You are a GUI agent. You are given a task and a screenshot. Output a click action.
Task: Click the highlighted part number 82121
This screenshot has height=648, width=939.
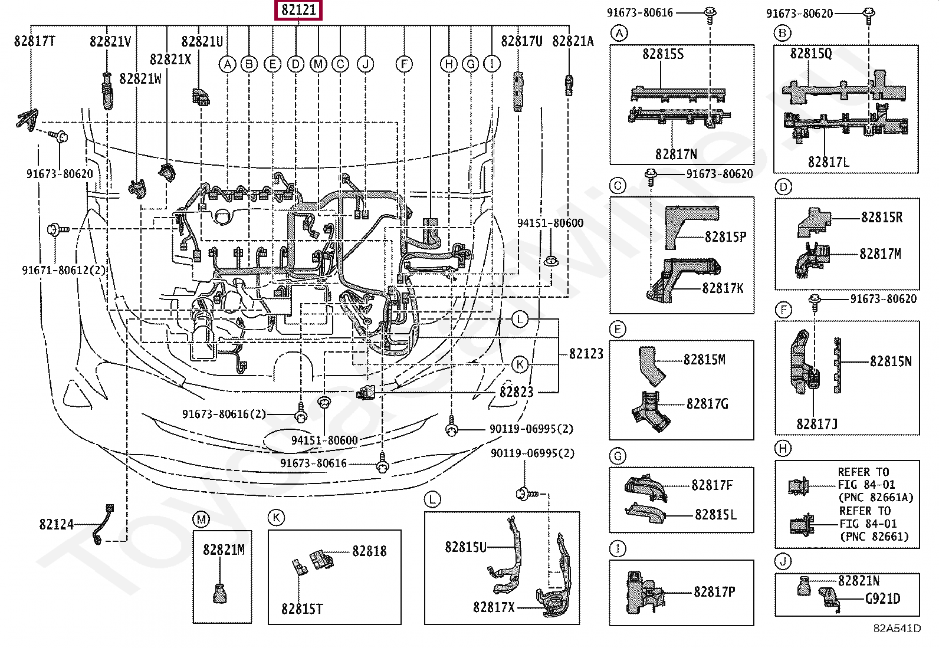click(298, 10)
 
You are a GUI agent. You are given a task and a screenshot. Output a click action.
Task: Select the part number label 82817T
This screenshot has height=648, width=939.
click(35, 41)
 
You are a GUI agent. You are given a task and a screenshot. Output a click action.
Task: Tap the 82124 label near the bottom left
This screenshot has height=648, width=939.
click(57, 524)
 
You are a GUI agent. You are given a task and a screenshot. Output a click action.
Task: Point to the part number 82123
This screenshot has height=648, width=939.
click(586, 354)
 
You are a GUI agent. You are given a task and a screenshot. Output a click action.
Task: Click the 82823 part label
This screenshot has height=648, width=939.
click(516, 392)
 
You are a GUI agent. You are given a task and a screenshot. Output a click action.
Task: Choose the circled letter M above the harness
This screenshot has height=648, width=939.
click(319, 64)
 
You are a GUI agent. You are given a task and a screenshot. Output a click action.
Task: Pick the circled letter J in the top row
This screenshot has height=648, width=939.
click(366, 64)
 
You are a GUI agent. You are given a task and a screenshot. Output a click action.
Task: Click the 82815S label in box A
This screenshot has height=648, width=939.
click(663, 54)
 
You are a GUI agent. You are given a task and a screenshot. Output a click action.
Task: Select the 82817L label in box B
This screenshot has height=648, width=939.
click(828, 162)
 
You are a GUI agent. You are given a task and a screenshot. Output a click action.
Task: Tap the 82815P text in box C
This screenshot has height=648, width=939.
click(725, 237)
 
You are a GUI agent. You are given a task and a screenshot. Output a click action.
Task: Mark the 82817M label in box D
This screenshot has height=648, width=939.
click(880, 254)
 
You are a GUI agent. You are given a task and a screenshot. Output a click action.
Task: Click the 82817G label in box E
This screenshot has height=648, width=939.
click(707, 404)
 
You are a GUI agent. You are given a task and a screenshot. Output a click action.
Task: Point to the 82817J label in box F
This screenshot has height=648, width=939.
click(816, 424)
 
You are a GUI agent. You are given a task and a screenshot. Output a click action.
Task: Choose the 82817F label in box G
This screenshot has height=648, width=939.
click(712, 485)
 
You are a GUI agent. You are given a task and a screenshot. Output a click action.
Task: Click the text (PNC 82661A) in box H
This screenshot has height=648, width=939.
click(876, 498)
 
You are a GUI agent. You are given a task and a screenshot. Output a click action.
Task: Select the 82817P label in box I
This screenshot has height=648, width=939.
click(714, 592)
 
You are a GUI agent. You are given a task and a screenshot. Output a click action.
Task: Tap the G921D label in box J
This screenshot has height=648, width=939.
click(882, 599)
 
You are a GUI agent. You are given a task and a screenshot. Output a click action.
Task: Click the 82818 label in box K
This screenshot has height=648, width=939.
click(369, 551)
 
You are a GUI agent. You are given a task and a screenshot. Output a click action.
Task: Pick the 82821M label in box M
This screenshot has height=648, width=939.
click(224, 550)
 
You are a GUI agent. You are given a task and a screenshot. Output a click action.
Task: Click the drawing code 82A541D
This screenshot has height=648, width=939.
click(897, 629)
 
